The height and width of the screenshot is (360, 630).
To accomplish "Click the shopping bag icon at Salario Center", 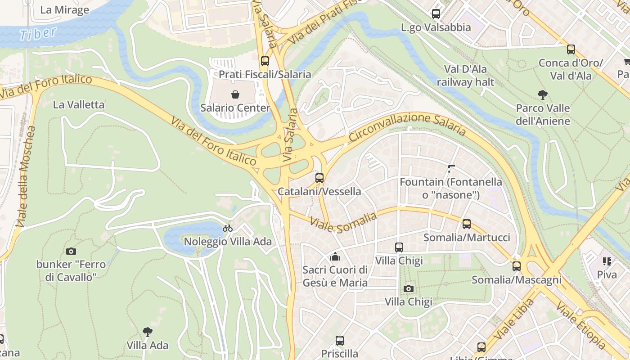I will click(235, 94).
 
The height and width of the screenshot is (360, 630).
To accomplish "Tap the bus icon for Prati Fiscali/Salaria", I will click(265, 61).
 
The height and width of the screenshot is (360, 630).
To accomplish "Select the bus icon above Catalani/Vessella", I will click(319, 178).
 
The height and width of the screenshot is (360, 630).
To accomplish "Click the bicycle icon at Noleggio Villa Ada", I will click(228, 228).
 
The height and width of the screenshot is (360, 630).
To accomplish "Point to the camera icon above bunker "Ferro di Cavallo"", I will click(71, 251).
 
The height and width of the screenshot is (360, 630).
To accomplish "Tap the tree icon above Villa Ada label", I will click(147, 332).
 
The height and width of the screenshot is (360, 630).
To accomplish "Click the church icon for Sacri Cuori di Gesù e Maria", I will click(335, 257).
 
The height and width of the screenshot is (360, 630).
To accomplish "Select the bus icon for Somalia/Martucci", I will click(467, 224).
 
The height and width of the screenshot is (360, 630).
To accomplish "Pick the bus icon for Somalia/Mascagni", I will click(517, 266).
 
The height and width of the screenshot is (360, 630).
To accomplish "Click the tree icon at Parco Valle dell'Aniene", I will click(543, 95).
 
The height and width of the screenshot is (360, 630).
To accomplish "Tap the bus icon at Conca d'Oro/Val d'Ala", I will click(571, 49).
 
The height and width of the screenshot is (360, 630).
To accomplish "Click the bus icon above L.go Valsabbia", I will click(436, 14).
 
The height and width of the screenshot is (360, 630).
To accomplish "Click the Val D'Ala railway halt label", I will click(465, 76).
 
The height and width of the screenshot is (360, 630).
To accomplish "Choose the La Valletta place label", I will click(78, 105).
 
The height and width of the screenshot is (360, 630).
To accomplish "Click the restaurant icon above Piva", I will click(607, 261).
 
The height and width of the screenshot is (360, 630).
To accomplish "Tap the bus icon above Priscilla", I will click(340, 341).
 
